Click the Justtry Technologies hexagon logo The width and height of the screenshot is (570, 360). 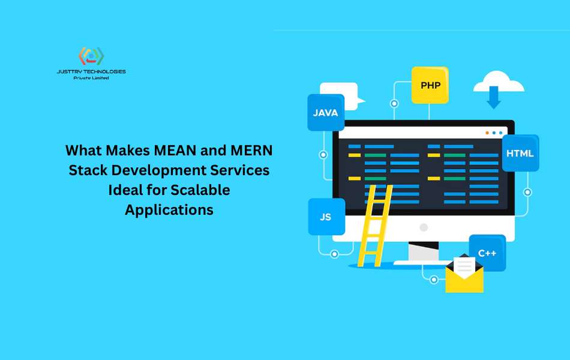point(91,56)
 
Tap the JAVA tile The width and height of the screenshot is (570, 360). point(326,112)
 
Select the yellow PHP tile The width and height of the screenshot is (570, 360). point(430,85)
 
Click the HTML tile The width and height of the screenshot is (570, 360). point(520,153)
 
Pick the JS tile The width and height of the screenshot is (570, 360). point(326,217)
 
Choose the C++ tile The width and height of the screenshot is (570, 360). point(487,253)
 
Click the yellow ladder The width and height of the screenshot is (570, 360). point(374,226)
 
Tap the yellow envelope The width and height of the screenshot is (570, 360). point(464,275)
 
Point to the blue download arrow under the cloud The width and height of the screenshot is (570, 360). point(494,97)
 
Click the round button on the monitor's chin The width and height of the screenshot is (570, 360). point(424,227)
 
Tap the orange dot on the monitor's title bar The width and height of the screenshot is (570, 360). point(487,133)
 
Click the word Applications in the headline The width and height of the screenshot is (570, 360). point(169,210)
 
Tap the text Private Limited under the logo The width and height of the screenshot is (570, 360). point(91,78)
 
